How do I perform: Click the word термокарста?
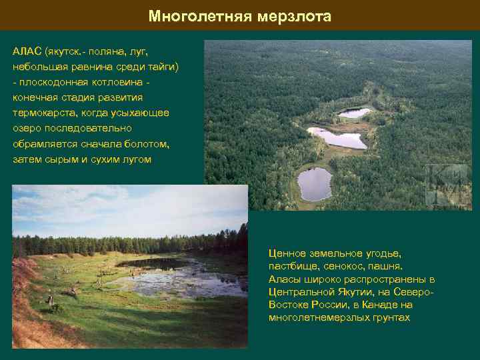pyautogui.click(x=43, y=113)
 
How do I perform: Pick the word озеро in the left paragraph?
pyautogui.click(x=28, y=129)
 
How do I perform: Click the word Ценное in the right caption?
pyautogui.click(x=289, y=254)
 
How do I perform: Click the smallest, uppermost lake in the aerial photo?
pyautogui.click(x=354, y=113)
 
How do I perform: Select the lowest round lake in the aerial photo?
pyautogui.click(x=315, y=183)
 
